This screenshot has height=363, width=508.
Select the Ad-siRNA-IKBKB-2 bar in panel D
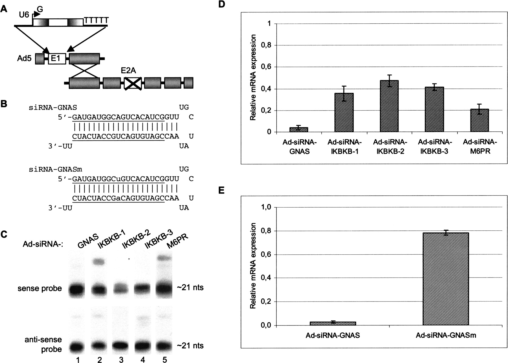tap(389, 106)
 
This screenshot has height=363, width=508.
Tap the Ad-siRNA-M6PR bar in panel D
tap(479, 120)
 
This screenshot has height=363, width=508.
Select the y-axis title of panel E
tap(253, 266)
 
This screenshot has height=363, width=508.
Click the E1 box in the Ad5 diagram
tap(57, 59)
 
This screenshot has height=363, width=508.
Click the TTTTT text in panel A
tap(96, 21)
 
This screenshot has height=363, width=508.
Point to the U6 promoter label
tap(24, 14)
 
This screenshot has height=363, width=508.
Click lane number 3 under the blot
tap(121, 359)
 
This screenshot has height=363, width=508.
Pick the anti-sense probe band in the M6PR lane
tap(165, 345)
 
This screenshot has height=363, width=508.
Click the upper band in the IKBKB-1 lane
tap(99, 262)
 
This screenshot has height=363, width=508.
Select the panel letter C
tap(4, 234)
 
